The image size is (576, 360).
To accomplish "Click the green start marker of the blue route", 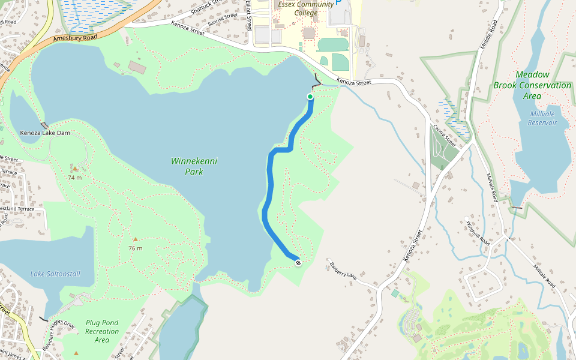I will point(310,97).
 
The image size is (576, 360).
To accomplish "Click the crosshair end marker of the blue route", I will point(298,262).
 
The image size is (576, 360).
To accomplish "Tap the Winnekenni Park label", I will point(194,166).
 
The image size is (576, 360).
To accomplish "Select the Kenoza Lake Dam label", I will point(45,133).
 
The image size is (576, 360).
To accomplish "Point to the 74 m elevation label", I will point(74,178).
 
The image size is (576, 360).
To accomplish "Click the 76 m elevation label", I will point(135,248).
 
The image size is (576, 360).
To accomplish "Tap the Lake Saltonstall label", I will point(55,274).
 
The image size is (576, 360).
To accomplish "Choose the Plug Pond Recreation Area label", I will point(102,331).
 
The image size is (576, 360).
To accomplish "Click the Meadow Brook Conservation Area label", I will point(532,85).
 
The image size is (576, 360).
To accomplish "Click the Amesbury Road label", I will point(75,38).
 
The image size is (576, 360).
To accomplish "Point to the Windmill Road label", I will point(478,233).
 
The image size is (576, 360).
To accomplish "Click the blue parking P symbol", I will point(338,2).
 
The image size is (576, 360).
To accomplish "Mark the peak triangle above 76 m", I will point(135,239).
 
